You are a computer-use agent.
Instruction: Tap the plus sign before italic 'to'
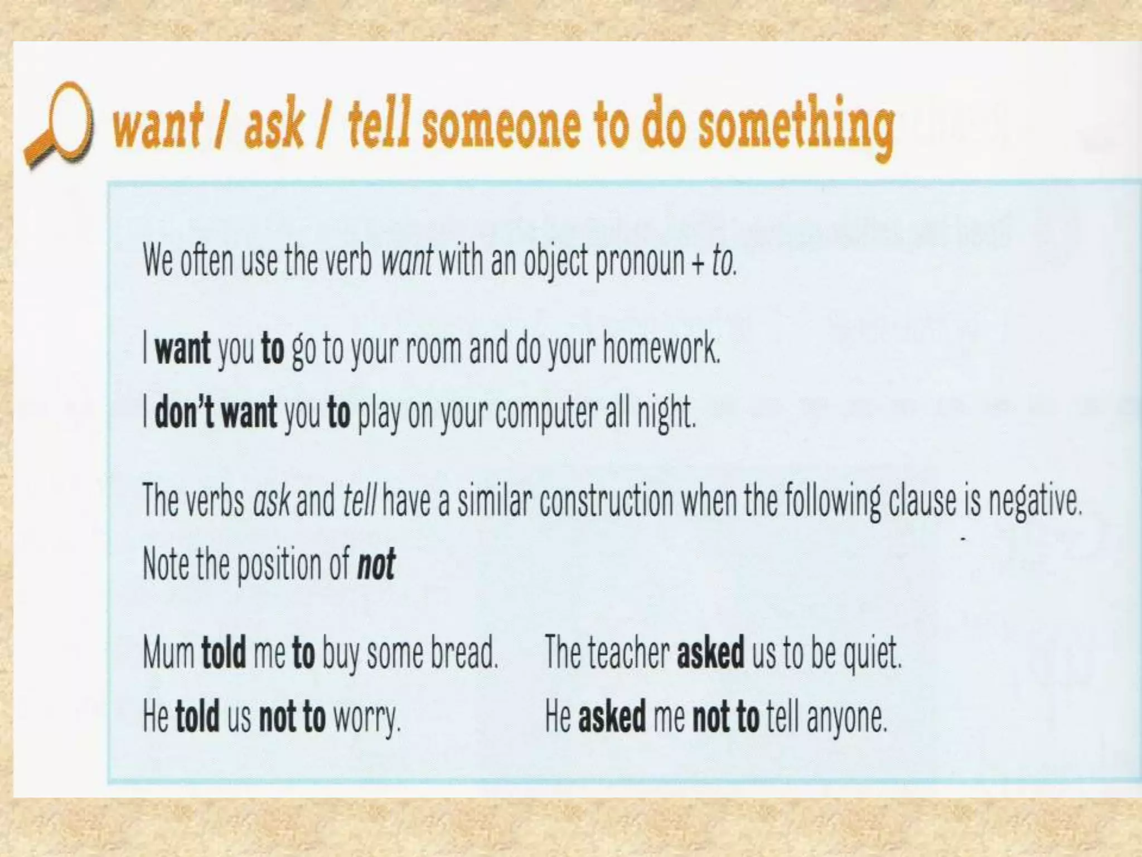click(698, 262)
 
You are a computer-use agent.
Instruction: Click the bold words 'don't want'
click(215, 412)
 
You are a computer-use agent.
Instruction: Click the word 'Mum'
click(168, 653)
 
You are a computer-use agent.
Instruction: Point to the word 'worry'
click(366, 718)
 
